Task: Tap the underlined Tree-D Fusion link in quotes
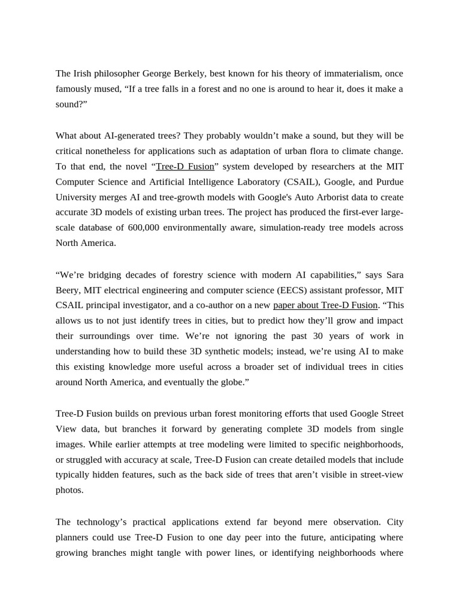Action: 184,167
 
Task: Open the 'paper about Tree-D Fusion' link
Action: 325,305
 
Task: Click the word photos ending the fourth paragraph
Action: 69,490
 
